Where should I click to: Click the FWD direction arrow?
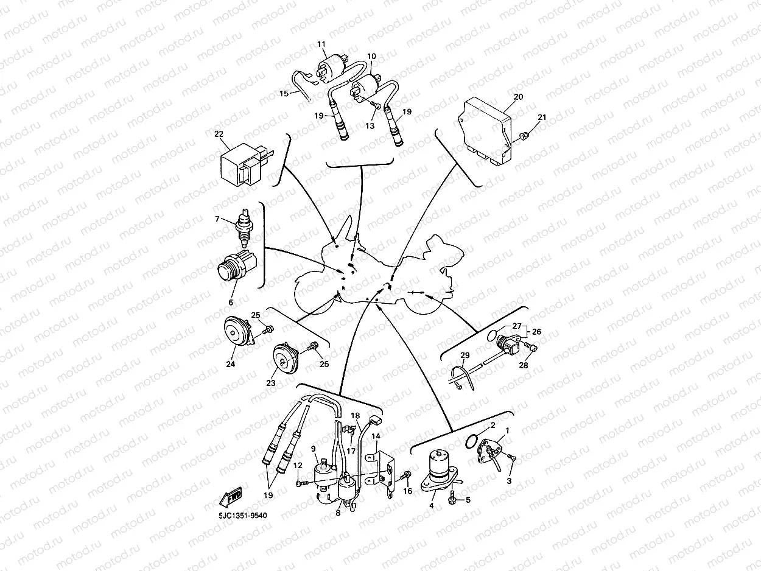231,497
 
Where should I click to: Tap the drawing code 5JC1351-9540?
243,516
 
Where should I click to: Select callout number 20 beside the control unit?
518,97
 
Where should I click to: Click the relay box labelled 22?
246,164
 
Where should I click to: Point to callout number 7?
217,219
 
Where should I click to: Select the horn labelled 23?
286,359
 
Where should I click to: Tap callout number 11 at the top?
321,44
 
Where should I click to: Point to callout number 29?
465,355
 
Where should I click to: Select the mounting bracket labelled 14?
383,472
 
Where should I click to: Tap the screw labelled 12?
302,483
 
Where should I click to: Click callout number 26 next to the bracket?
536,332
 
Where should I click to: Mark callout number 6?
231,303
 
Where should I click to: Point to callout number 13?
370,125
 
